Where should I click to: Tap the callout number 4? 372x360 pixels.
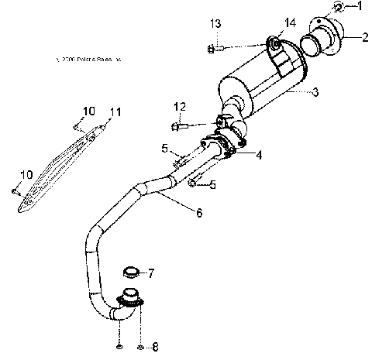click(258, 155)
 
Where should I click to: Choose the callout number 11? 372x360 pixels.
click(115, 113)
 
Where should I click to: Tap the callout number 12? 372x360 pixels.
click(180, 106)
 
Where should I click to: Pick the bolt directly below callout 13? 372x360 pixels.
click(215, 49)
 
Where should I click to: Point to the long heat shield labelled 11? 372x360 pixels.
click(58, 166)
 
